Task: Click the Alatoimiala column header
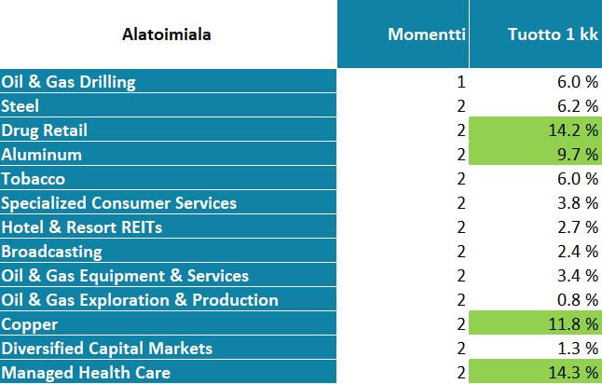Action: [x=166, y=34]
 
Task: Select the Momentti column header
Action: [x=427, y=34]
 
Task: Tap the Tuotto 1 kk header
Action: [x=553, y=34]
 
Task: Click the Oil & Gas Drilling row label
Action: [x=68, y=82]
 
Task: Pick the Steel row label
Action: [x=20, y=106]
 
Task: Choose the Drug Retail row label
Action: [x=44, y=130]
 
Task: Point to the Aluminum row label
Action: [x=41, y=155]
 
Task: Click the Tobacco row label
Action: [x=33, y=179]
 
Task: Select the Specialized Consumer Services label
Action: [x=119, y=203]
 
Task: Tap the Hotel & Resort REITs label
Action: [x=82, y=226]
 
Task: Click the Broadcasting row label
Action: [x=52, y=252]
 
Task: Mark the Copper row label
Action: [x=30, y=324]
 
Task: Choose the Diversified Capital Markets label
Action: [x=107, y=349]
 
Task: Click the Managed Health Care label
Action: [x=86, y=373]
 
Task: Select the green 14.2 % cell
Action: [x=536, y=130]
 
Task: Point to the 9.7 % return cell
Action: [x=536, y=154]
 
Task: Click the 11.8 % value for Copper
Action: [x=536, y=323]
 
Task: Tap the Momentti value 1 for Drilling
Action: [x=461, y=82]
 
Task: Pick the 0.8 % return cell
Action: [x=578, y=300]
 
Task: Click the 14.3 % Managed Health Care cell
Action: [x=536, y=372]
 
